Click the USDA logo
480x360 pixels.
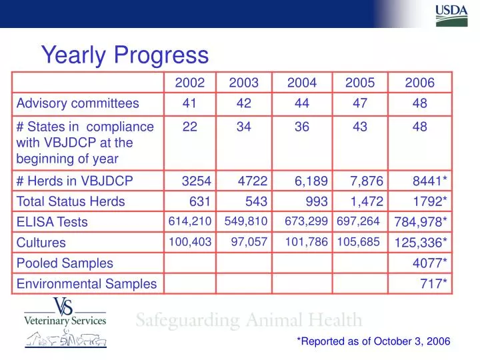click(451, 15)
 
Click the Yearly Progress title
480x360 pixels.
click(125, 54)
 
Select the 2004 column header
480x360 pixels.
click(302, 83)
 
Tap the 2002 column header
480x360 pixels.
click(190, 83)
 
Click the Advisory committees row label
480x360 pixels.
click(77, 103)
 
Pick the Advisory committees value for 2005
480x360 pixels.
click(360, 103)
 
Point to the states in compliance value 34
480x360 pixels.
click(243, 127)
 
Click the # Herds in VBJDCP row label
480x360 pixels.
click(75, 181)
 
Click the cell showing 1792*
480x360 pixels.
click(430, 201)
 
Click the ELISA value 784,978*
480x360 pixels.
click(421, 222)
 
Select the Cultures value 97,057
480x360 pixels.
click(249, 242)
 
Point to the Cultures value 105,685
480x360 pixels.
click(358, 242)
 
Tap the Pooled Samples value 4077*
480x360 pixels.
click(430, 263)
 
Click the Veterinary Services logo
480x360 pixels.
click(65, 322)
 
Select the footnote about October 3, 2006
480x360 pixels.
click(373, 341)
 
